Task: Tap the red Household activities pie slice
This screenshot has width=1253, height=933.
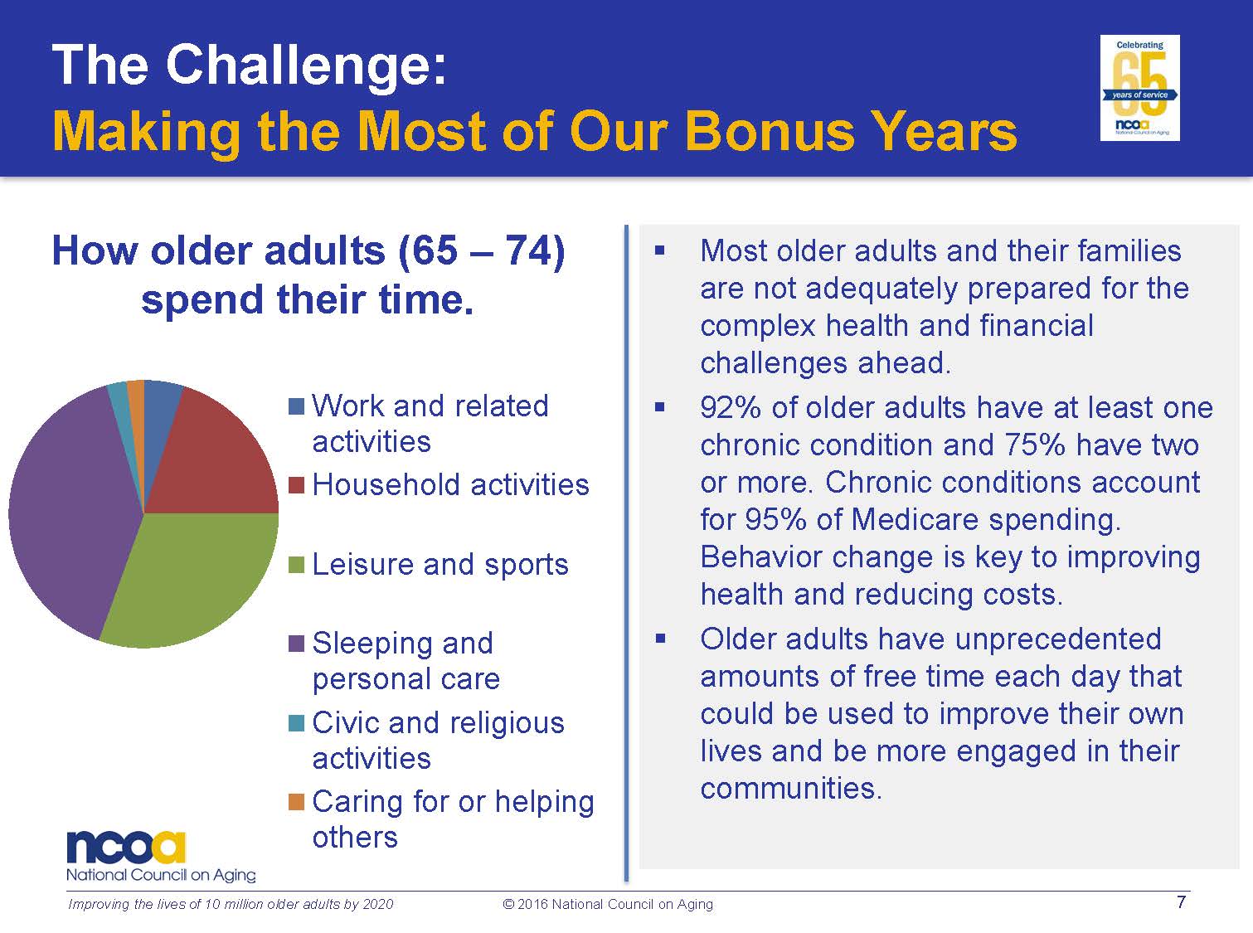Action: click(215, 458)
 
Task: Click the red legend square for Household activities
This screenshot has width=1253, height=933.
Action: click(296, 485)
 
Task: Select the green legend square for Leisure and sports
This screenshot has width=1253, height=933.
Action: click(296, 564)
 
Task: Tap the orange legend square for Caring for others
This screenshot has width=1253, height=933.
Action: click(296, 801)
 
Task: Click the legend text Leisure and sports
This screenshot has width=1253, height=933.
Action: click(440, 565)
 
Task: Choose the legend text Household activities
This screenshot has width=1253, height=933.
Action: click(451, 485)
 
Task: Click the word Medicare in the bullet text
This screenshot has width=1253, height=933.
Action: click(915, 519)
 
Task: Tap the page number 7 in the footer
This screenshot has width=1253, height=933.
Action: click(1181, 902)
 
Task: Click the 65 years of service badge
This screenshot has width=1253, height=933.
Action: click(1139, 88)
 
